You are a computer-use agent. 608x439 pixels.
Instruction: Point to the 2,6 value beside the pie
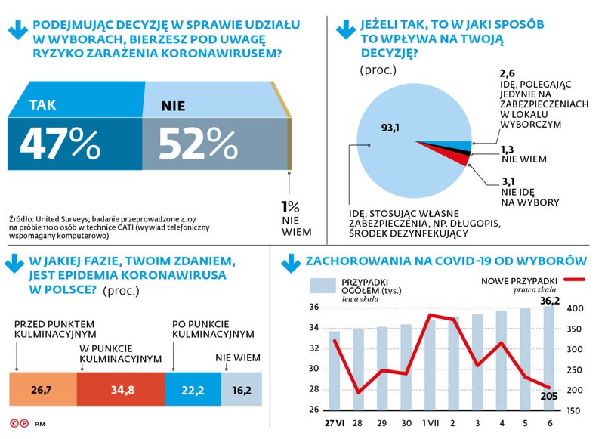(x=508, y=73)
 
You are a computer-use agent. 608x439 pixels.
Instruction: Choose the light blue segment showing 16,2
(x=242, y=391)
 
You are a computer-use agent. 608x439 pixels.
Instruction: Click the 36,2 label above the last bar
(x=550, y=301)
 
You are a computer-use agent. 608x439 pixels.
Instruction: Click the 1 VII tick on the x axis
(x=431, y=421)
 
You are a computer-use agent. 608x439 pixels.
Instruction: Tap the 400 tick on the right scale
(x=576, y=308)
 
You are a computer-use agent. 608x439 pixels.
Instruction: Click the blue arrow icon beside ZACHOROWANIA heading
(x=290, y=263)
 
